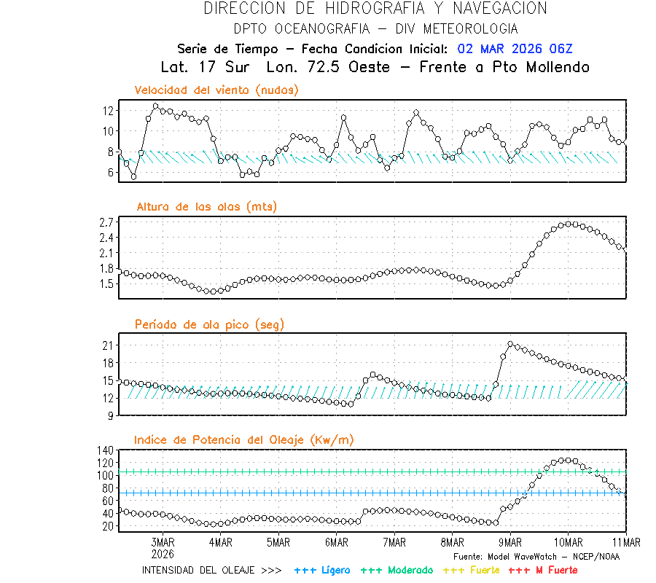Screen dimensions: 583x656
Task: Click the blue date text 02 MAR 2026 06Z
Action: tap(515, 49)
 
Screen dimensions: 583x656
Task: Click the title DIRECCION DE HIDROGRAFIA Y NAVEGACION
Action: tap(375, 9)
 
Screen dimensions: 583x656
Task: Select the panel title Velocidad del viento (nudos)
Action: tap(216, 90)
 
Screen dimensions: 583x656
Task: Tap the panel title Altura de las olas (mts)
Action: tap(207, 207)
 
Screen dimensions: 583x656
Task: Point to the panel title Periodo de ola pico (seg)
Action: tap(209, 324)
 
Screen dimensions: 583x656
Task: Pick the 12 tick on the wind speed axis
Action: tap(109, 111)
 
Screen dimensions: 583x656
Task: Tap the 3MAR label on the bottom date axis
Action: tap(163, 542)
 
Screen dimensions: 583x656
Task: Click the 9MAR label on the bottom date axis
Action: tap(510, 542)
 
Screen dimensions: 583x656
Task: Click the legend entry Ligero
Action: tap(322, 570)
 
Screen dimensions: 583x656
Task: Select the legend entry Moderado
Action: tap(397, 570)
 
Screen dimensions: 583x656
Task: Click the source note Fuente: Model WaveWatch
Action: tap(536, 556)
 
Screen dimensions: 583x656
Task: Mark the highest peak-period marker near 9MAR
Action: tap(510, 344)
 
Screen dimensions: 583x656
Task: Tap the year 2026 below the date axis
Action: tap(163, 552)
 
